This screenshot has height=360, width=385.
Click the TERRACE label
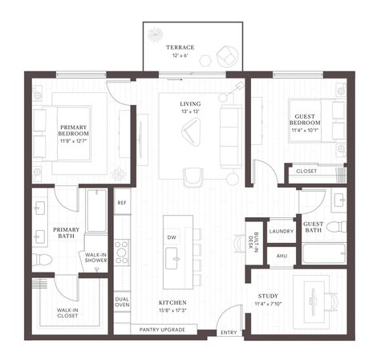click(180, 48)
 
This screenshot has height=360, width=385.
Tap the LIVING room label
click(190, 104)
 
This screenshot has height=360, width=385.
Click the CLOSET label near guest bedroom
click(306, 171)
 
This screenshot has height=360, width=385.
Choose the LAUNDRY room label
click(281, 231)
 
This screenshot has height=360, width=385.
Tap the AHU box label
click(281, 256)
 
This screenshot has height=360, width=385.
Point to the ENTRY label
click(229, 332)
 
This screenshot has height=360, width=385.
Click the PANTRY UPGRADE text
click(163, 330)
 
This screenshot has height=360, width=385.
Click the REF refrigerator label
click(122, 203)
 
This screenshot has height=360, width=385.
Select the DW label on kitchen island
click(171, 237)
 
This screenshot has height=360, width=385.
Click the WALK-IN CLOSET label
click(67, 313)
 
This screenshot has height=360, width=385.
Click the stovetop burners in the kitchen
click(122, 252)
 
